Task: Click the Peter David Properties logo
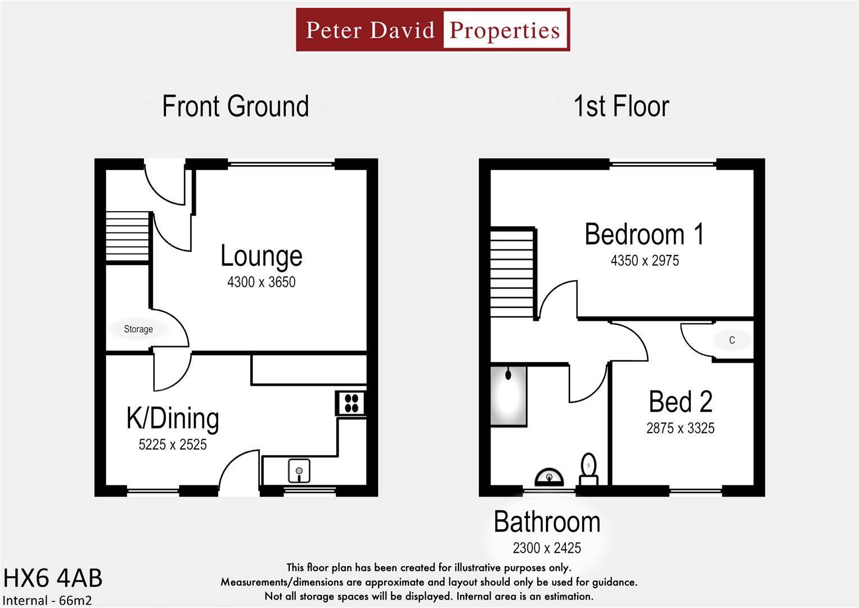tap(433, 30)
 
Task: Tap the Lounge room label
tap(261, 256)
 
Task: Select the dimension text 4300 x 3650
tap(261, 281)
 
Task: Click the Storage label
tap(138, 329)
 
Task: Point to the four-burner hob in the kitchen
tap(352, 403)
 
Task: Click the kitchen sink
tap(299, 471)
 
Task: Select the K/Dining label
tap(173, 418)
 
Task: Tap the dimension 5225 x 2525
tap(173, 444)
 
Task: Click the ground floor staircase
tap(128, 236)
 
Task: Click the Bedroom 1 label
tap(644, 234)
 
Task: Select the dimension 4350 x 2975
tap(645, 260)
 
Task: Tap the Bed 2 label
tap(680, 402)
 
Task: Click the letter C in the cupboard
tap(731, 340)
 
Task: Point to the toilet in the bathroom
tap(588, 469)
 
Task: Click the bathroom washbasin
tap(549, 477)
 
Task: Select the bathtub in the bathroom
tap(509, 396)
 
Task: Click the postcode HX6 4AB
tap(53, 578)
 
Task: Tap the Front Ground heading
tap(235, 106)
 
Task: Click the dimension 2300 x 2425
tap(547, 547)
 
